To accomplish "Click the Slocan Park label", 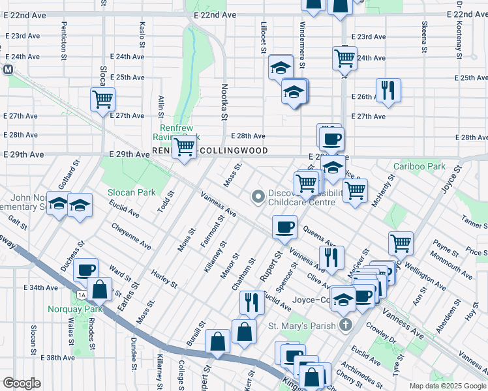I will pyautogui.click(x=132, y=192).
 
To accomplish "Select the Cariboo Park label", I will pyautogui.click(x=419, y=167).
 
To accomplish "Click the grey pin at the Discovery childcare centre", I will pyautogui.click(x=258, y=195).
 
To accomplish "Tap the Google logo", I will pyautogui.click(x=22, y=383).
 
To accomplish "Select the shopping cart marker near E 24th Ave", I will pyautogui.click(x=344, y=57).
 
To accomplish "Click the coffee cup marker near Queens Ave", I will pyautogui.click(x=284, y=227).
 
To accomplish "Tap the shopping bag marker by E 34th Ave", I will pyautogui.click(x=100, y=288).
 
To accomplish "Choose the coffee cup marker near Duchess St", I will pyautogui.click(x=85, y=270).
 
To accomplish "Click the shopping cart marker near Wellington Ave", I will pyautogui.click(x=401, y=243).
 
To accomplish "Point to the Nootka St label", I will pyautogui.click(x=224, y=102).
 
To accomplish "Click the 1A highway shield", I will pyautogui.click(x=81, y=295).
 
